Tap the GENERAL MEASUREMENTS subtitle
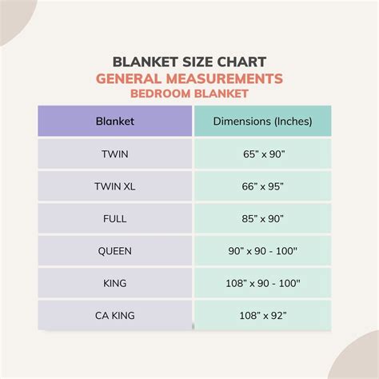click(x=189, y=78)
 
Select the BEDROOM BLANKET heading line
click(x=189, y=94)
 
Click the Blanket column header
click(x=114, y=122)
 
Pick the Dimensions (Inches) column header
click(x=261, y=122)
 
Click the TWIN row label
click(x=114, y=154)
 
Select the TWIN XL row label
click(x=114, y=186)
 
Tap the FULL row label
click(x=114, y=218)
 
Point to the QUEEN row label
click(x=114, y=251)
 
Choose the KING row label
click(x=114, y=283)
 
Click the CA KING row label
click(x=114, y=315)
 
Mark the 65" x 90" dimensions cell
click(x=261, y=154)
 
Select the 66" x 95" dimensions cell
click(x=261, y=186)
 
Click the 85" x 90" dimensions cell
click(x=261, y=218)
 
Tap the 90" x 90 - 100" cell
click(x=261, y=251)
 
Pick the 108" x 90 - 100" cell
click(x=261, y=283)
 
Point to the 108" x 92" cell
click(x=261, y=315)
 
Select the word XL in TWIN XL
click(x=128, y=186)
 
